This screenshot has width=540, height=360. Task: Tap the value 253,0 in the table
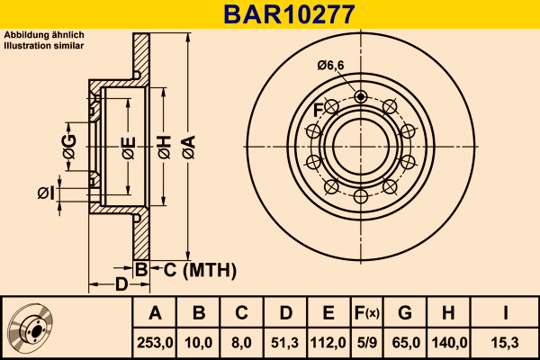[x=155, y=342]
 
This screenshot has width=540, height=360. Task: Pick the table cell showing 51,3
[x=285, y=342]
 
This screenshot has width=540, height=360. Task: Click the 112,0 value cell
[x=328, y=342]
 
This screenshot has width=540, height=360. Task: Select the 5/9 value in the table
[x=366, y=342]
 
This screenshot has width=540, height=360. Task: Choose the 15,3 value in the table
[x=505, y=342]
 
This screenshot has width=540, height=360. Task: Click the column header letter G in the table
[x=405, y=313]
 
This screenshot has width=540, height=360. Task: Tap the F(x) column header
[x=366, y=313]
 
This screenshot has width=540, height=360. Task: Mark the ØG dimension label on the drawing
[x=69, y=140]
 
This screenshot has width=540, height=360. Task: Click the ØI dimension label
[x=46, y=193]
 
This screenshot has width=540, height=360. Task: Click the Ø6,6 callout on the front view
[x=330, y=64]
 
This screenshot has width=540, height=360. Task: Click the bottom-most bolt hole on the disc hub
[x=360, y=196]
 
